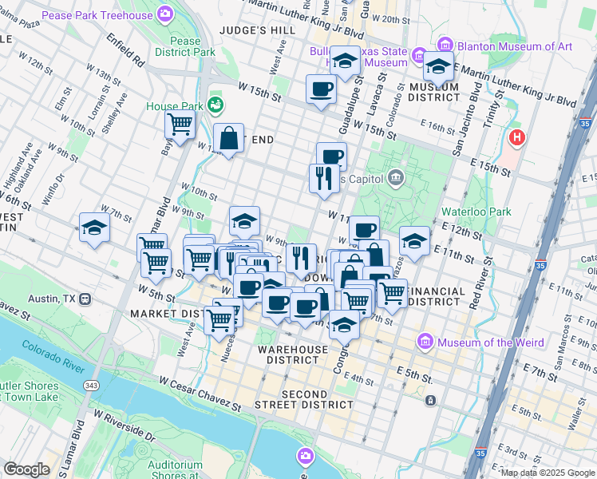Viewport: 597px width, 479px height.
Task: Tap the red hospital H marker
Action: (517, 138)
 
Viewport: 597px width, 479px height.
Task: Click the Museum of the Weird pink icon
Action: (425, 342)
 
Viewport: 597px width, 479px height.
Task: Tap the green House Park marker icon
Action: (215, 105)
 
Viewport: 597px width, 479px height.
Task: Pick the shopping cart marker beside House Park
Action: (180, 125)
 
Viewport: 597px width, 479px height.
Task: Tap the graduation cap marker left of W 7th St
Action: (94, 228)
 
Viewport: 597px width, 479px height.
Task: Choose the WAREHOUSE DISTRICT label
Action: (293, 354)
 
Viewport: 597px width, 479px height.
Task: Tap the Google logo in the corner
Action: (26, 469)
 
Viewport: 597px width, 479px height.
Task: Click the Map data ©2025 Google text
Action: (548, 473)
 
